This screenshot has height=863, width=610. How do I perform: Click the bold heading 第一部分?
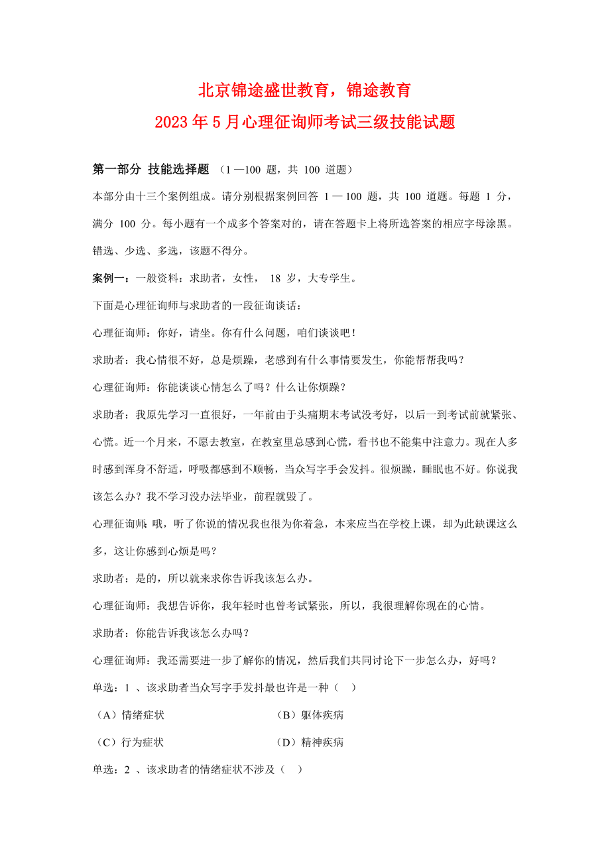(116, 170)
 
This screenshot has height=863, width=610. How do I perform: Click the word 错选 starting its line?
(102, 251)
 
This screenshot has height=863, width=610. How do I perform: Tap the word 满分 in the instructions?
(102, 224)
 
